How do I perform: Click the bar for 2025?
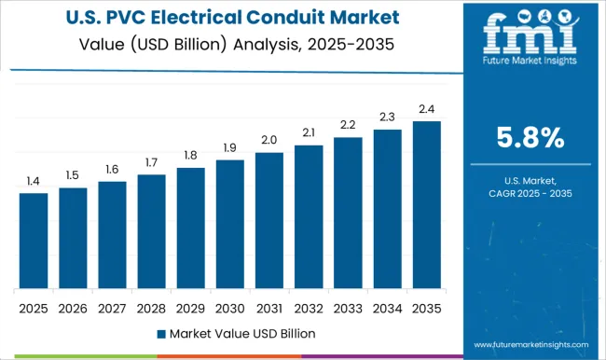(x=33, y=241)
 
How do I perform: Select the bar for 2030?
(x=229, y=224)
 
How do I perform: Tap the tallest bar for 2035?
(x=426, y=204)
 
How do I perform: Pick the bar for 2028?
(x=151, y=231)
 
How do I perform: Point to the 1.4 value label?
(x=33, y=180)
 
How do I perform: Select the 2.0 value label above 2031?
(x=269, y=139)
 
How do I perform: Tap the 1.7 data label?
(x=151, y=162)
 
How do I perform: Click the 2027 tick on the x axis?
(x=112, y=307)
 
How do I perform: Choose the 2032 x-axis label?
(x=309, y=307)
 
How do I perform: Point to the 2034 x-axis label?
(x=387, y=307)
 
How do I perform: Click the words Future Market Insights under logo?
(x=529, y=71)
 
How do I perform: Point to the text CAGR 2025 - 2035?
(x=530, y=193)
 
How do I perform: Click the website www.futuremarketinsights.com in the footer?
(x=529, y=344)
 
